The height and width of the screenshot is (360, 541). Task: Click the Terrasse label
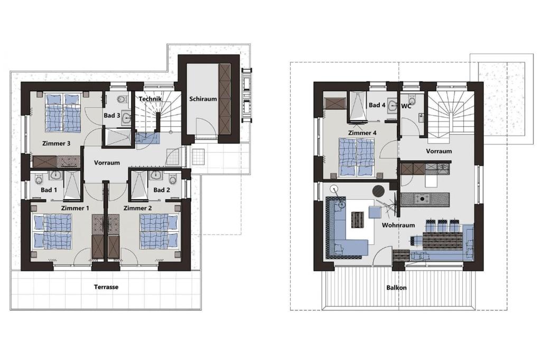(x=106, y=287)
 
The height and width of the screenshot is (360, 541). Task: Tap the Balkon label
(x=396, y=288)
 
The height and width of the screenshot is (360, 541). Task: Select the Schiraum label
(x=203, y=99)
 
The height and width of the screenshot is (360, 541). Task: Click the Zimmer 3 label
(x=56, y=143)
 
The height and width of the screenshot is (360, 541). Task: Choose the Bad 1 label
(x=49, y=190)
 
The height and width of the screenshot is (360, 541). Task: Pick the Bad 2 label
(x=162, y=190)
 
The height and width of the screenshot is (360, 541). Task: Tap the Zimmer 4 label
(x=362, y=133)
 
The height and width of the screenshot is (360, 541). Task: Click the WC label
(x=406, y=106)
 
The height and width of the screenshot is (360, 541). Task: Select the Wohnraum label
(x=398, y=225)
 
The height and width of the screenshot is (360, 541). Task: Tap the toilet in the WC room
(x=412, y=100)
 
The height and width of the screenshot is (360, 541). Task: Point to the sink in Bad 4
(x=393, y=106)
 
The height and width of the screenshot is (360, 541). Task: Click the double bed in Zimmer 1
(x=52, y=231)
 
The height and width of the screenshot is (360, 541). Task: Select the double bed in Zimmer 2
(x=159, y=231)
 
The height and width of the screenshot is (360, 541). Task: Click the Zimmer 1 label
(x=75, y=208)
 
